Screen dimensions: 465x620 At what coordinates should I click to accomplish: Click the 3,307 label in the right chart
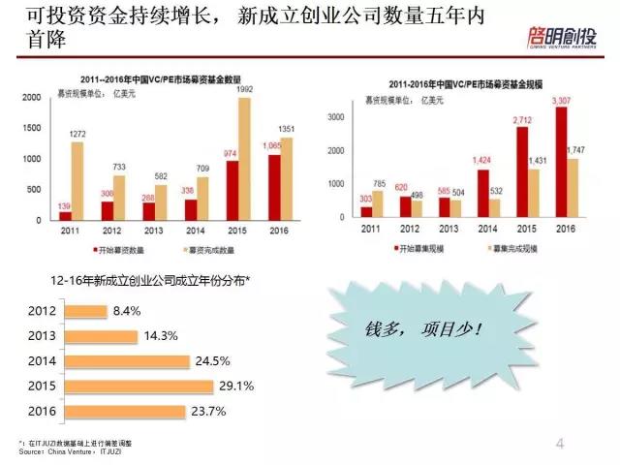coord(561,101)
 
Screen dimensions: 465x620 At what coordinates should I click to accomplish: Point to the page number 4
coord(560,444)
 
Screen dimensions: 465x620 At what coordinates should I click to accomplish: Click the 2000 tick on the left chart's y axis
coord(31,98)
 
